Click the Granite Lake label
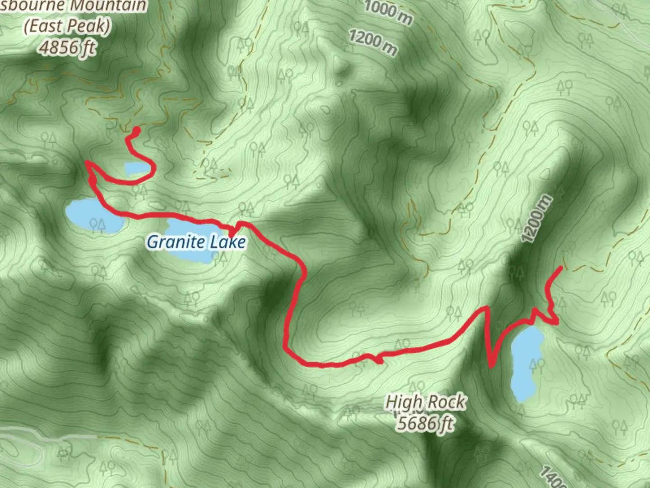pos(196,242)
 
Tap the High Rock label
pos(425,402)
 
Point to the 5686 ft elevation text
pos(425,423)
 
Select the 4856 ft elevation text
pos(68,47)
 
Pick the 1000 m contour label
pos(388,13)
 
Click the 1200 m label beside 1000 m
pos(373,42)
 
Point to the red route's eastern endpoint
pos(561,268)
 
